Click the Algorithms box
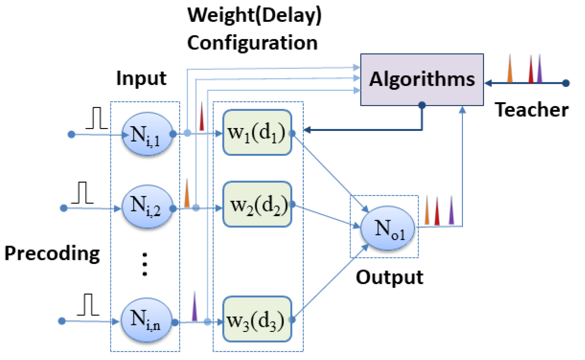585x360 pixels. pos(422,80)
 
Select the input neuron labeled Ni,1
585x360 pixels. pos(147,134)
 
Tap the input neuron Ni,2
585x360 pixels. pos(147,206)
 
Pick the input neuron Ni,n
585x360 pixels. pos(146,320)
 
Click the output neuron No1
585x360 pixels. pos(387,228)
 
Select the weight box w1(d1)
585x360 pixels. pos(257,133)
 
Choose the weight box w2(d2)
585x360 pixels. pos(257,204)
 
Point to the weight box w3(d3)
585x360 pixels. pos(257,319)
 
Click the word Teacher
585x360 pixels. pos(531,110)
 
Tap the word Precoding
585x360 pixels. pos(52,254)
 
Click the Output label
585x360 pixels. pos(389,277)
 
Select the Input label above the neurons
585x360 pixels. pos(141,78)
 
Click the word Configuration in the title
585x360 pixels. pos(252,43)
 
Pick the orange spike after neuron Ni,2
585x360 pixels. pos(187,194)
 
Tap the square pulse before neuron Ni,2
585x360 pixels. pos(83,193)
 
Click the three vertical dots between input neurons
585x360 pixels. pos(145,264)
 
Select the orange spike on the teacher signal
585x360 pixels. pos(510,70)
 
